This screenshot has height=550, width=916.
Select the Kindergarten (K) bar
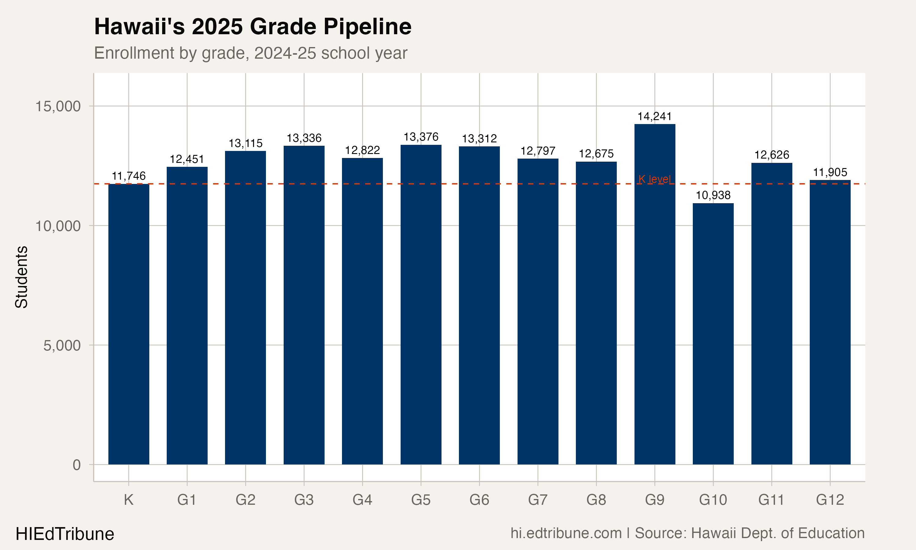pyautogui.click(x=129, y=324)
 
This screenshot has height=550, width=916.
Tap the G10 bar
pyautogui.click(x=713, y=334)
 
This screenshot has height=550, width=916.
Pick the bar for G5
pyautogui.click(x=421, y=304)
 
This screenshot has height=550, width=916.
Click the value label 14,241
pyautogui.click(x=655, y=116)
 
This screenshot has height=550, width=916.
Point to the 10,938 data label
pyautogui.click(x=713, y=195)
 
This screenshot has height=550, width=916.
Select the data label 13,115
pyautogui.click(x=245, y=143)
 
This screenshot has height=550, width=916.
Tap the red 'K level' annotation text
pyautogui.click(x=655, y=179)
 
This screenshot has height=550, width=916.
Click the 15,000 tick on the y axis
pyautogui.click(x=58, y=106)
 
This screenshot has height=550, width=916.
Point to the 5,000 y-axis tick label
pyautogui.click(x=62, y=345)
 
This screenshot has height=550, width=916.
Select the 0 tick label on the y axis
pyautogui.click(x=77, y=465)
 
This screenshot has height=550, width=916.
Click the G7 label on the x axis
pyautogui.click(x=538, y=500)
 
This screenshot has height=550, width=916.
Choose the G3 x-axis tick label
pyautogui.click(x=304, y=500)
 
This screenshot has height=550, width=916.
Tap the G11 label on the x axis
pyautogui.click(x=771, y=500)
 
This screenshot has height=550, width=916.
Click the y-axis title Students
pyautogui.click(x=21, y=277)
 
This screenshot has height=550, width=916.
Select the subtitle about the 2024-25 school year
pyautogui.click(x=251, y=53)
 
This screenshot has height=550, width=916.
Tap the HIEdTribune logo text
pyautogui.click(x=65, y=534)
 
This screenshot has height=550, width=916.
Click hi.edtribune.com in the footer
pyautogui.click(x=566, y=533)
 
